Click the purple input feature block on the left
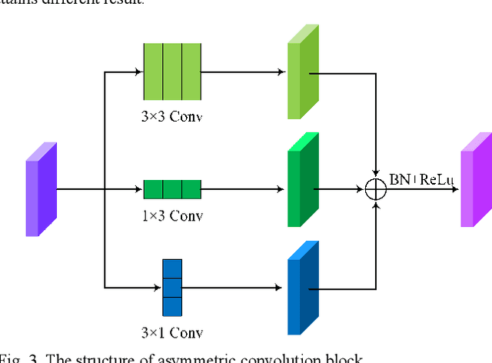click(41, 188)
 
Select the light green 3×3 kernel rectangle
click(171, 72)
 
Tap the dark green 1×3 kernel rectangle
click(171, 188)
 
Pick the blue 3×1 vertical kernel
click(171, 288)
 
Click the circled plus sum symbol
click(376, 188)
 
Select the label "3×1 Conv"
click(172, 334)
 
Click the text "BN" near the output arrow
click(401, 179)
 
